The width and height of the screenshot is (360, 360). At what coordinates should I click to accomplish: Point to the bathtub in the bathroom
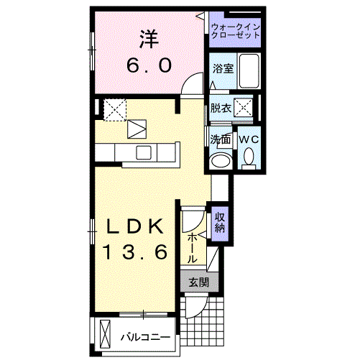(249, 70)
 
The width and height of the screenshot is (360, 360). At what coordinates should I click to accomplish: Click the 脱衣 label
(221, 109)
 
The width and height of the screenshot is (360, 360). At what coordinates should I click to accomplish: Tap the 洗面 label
(220, 139)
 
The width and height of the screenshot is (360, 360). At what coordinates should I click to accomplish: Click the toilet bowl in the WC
(249, 156)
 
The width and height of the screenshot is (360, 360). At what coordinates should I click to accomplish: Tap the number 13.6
(134, 252)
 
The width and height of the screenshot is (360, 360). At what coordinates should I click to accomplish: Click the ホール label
(193, 246)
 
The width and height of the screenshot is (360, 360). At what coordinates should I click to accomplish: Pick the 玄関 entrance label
(198, 282)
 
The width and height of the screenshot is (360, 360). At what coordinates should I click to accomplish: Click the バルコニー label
(145, 336)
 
